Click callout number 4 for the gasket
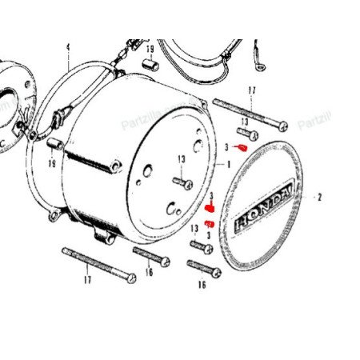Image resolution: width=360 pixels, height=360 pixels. (x=67, y=46)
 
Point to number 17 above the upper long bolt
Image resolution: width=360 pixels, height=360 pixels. (x=252, y=90)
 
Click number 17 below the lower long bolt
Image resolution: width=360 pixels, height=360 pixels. (x=87, y=279)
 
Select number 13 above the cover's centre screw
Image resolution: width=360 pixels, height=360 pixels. (x=182, y=158)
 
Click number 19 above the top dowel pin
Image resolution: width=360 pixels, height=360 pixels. (x=150, y=49)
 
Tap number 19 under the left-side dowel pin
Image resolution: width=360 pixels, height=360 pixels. (x=51, y=163)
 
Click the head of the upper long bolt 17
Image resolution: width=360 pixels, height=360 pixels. (x=282, y=124)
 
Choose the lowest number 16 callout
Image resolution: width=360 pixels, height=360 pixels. (x=202, y=284)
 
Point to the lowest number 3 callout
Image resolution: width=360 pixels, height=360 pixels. (x=209, y=234)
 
